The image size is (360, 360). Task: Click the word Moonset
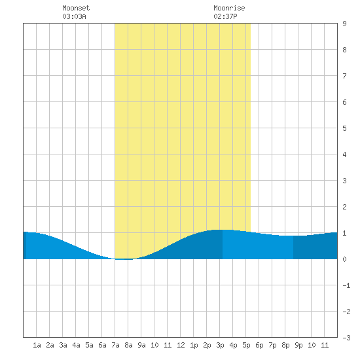[x=76, y=8]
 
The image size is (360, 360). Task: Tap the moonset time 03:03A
[x=74, y=16]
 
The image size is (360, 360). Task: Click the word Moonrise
[x=229, y=8]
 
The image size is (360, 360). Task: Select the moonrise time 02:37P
[x=225, y=16]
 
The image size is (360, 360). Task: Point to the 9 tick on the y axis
[x=344, y=24]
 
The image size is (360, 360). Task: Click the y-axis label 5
[x=344, y=128]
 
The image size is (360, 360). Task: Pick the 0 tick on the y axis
[x=344, y=259]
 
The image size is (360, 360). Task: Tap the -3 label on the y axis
[x=346, y=338]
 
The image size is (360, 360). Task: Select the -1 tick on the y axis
[x=346, y=285]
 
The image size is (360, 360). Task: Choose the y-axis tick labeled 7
[x=344, y=76]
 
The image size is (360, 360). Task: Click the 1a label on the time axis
[x=37, y=345]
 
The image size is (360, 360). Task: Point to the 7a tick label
[x=115, y=345]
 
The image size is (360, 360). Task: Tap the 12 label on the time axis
[x=181, y=345]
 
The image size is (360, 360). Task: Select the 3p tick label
[x=220, y=345]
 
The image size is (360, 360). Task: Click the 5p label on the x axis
[x=246, y=345]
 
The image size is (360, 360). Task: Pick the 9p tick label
[x=298, y=345]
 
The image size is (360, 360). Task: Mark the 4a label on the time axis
[x=76, y=345]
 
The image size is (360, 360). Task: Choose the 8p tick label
[x=285, y=345]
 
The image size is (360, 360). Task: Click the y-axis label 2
[x=344, y=207]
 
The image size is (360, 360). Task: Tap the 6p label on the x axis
[x=259, y=345]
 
